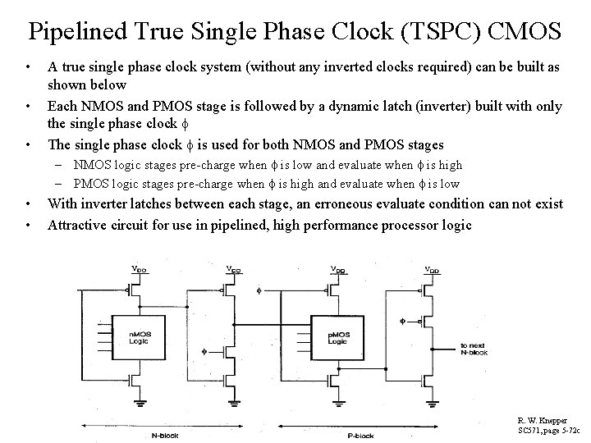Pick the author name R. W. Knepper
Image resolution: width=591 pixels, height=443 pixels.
coord(542,420)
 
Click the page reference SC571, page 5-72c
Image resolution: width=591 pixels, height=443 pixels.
coord(547,430)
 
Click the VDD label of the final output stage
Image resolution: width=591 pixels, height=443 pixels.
coord(431,268)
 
